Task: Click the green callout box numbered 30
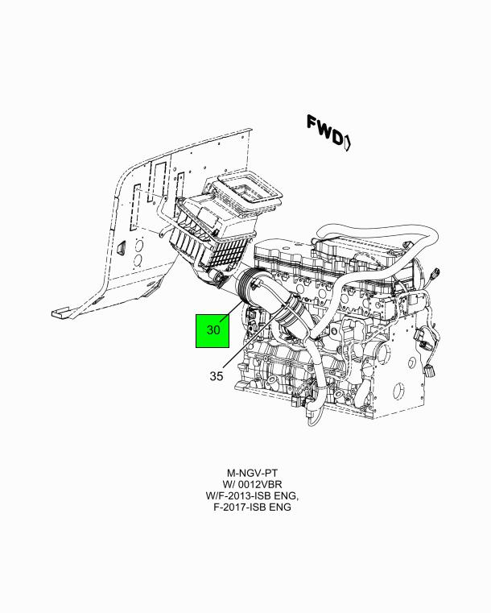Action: pos(212,331)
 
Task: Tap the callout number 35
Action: pos(217,376)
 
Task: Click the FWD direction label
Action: pos(324,131)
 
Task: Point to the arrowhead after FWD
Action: pos(347,142)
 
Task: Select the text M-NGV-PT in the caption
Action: pos(252,473)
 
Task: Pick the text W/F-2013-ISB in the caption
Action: pos(241,495)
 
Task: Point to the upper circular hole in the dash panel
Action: pos(138,246)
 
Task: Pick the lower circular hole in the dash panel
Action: pos(138,260)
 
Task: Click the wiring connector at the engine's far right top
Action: pos(435,274)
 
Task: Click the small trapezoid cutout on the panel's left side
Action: pos(122,247)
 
